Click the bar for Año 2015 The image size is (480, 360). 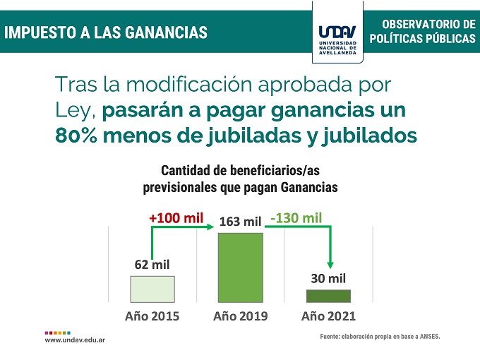[x=152, y=289]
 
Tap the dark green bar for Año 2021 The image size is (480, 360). [x=328, y=296]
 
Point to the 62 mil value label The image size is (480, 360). [x=152, y=265]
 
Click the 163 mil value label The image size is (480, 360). [x=241, y=222]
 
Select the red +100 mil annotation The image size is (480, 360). [x=176, y=217]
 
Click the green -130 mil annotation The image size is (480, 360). [x=296, y=217]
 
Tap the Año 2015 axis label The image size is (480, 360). [x=152, y=316]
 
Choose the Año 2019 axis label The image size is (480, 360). [x=240, y=316]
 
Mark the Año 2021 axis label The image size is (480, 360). [x=328, y=316]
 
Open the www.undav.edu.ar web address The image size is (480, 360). [x=75, y=340]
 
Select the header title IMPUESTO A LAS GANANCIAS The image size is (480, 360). [x=106, y=32]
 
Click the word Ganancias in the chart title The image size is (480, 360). [x=309, y=188]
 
